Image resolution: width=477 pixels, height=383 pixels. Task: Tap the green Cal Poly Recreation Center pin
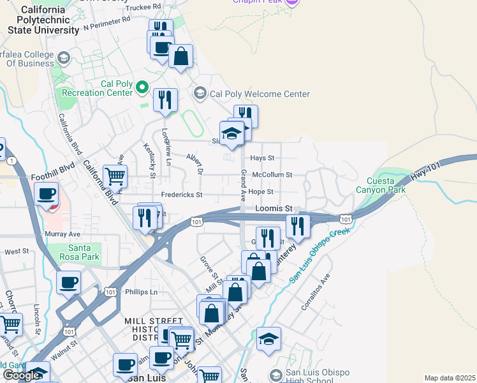point(142,87)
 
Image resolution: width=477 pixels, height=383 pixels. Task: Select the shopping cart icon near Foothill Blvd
point(115,176)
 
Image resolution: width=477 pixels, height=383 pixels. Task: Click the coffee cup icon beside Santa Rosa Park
point(68,282)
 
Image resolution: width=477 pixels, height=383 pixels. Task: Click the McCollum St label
point(272,174)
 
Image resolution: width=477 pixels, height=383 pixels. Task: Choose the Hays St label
point(261,158)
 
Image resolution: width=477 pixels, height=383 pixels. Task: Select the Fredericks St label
point(181,195)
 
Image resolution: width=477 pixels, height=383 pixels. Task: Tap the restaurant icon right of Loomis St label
point(297,226)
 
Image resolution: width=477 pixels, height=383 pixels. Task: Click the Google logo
point(21,375)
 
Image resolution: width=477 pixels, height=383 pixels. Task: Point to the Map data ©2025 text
point(449,378)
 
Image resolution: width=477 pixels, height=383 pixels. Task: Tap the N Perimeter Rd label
point(106,22)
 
